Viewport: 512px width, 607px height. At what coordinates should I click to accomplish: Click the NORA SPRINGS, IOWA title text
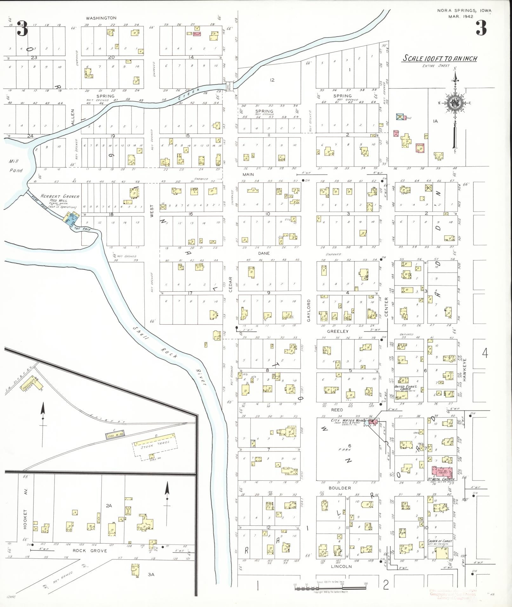click(x=464, y=10)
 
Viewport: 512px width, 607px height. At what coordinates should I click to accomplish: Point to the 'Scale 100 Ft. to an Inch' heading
click(x=440, y=58)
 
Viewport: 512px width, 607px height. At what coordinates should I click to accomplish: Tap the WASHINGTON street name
click(x=101, y=18)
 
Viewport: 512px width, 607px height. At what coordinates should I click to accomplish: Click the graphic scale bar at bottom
click(x=330, y=588)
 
